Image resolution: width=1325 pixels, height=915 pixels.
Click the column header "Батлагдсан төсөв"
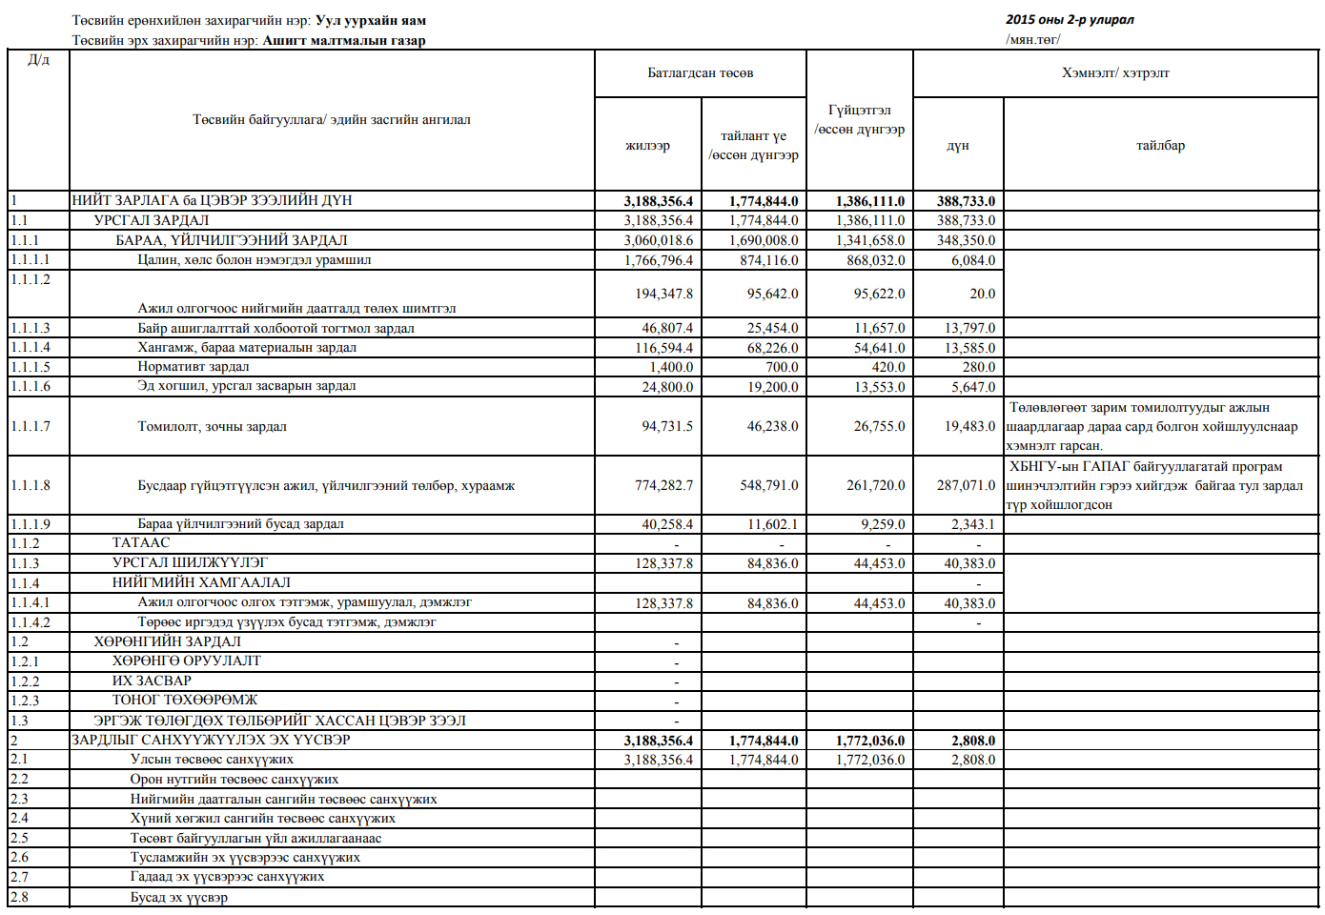pyautogui.click(x=700, y=73)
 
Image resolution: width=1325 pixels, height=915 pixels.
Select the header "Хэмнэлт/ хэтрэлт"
pyautogui.click(x=1115, y=73)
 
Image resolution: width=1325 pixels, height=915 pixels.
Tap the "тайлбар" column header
pyautogui.click(x=1160, y=146)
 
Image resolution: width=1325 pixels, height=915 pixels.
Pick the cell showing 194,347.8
pyautogui.click(x=663, y=294)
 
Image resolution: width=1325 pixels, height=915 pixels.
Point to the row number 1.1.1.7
pyautogui.click(x=31, y=426)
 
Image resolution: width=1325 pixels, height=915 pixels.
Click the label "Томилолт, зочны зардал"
pyautogui.click(x=212, y=426)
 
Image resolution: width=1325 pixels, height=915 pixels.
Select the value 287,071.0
pyautogui.click(x=966, y=485)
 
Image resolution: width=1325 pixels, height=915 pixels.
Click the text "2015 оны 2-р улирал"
pyautogui.click(x=1070, y=20)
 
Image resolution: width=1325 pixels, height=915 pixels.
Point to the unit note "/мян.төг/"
pyautogui.click(x=1032, y=39)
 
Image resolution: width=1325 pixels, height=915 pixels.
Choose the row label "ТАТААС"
pyautogui.click(x=141, y=542)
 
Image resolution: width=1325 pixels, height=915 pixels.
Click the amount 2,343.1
pyautogui.click(x=972, y=524)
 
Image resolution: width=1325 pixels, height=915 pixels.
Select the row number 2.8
pyautogui.click(x=20, y=897)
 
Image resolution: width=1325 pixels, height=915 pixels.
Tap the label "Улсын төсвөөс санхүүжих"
pyautogui.click(x=212, y=760)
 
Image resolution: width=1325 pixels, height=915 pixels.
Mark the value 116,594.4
pyautogui.click(x=663, y=348)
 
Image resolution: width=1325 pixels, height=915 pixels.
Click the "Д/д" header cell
pyautogui.click(x=38, y=60)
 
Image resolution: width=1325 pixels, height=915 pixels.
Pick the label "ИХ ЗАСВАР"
pyautogui.click(x=152, y=681)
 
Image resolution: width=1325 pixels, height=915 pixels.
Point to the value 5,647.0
pyautogui.click(x=972, y=387)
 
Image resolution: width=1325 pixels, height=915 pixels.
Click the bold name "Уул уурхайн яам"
pyautogui.click(x=371, y=20)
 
